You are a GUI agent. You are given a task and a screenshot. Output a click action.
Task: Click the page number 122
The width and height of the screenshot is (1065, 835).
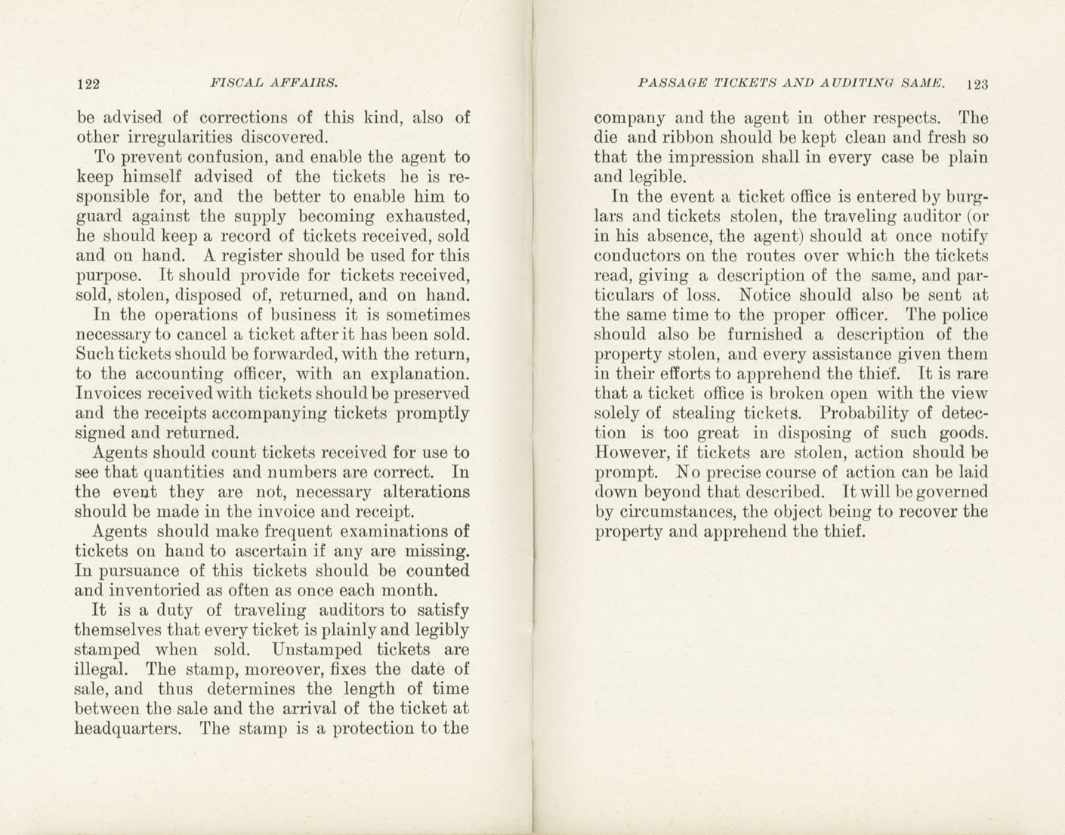88,84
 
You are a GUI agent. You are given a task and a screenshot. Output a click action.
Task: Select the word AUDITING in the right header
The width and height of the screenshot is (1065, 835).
852,83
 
